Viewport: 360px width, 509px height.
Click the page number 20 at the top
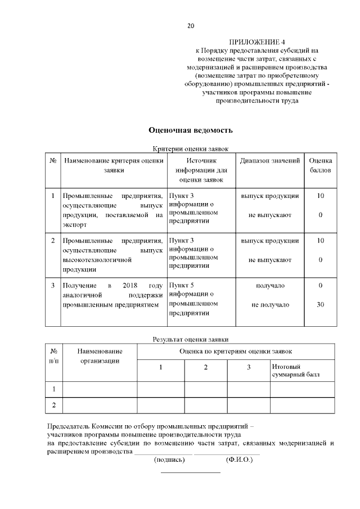190,26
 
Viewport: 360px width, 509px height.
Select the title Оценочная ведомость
190,130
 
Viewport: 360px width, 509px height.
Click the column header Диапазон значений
269,161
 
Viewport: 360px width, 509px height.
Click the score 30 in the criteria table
321,305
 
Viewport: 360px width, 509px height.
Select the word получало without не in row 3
270,286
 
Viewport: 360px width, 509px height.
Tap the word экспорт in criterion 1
75,224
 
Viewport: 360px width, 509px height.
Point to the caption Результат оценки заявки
190,339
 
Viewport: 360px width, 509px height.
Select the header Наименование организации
100,355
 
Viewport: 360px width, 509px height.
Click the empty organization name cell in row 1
100,389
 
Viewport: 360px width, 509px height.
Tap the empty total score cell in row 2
303,405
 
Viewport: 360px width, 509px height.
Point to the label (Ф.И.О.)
239,460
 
